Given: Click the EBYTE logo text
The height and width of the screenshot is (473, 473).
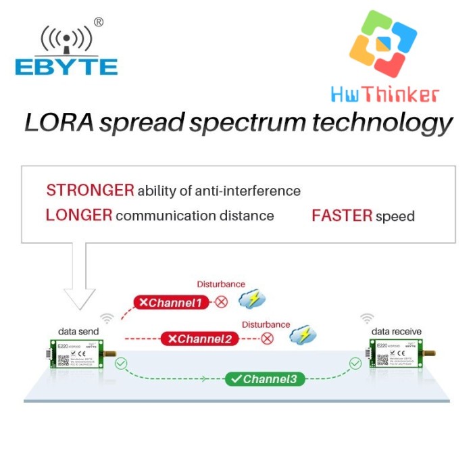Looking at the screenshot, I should point(66,66).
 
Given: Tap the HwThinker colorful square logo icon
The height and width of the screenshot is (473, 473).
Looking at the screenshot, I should point(382,45).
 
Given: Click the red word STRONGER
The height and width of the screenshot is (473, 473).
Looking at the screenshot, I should point(90,191).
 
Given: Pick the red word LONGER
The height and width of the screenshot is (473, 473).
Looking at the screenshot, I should point(78,216).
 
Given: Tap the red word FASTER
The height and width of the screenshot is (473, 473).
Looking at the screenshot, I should point(342,216).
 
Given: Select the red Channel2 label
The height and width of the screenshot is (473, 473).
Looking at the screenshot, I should point(199,338).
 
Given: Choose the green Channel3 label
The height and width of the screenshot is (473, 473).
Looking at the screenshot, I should point(264,379).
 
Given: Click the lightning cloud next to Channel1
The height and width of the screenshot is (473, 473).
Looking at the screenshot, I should point(255,300).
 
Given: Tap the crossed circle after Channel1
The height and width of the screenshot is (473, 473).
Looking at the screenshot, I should point(221,302).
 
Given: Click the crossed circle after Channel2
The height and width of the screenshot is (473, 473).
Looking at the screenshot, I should point(268,338).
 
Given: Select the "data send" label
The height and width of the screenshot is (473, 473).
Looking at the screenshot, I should point(78,331).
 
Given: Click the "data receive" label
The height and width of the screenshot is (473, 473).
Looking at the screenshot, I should point(396,331).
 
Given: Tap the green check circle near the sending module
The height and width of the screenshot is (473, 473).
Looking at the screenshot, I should point(120,364).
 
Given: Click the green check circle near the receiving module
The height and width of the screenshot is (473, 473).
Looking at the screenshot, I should point(355,364).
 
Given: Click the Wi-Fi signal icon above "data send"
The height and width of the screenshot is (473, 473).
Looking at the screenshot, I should point(107,318).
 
